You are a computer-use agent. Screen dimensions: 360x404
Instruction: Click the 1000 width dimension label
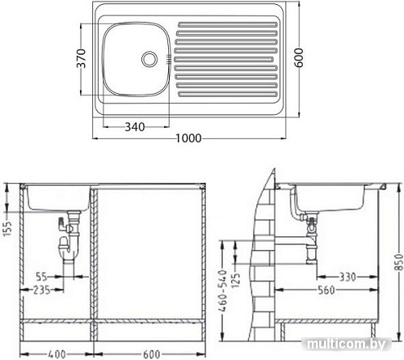pyautogui.click(x=187, y=139)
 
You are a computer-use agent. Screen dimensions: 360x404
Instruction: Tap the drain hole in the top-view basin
pyautogui.click(x=149, y=59)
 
